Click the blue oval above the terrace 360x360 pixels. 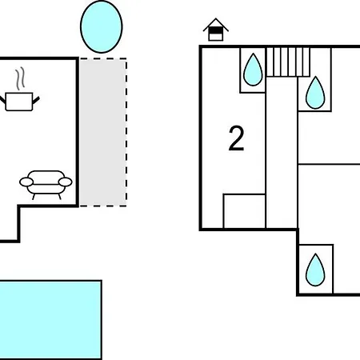[102, 26]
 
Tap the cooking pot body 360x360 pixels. [19, 102]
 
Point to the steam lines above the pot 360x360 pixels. [20, 78]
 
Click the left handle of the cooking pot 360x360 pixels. [2, 101]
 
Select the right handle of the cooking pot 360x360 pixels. [36, 100]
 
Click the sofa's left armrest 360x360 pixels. [26, 182]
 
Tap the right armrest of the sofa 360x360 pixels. [65, 182]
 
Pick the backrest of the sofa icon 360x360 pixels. [46, 177]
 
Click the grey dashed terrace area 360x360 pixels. [103, 132]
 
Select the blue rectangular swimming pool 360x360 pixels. [50, 320]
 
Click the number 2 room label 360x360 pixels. [236, 138]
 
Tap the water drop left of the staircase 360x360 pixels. [253, 70]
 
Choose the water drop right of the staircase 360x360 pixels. [315, 93]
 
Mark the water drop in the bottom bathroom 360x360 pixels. [315, 270]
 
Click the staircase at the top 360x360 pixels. [288, 62]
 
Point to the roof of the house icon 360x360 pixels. [216, 25]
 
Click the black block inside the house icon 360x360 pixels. [215, 31]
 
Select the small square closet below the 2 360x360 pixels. [244, 211]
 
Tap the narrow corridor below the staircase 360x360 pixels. [282, 153]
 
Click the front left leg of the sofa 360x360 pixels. [34, 197]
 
